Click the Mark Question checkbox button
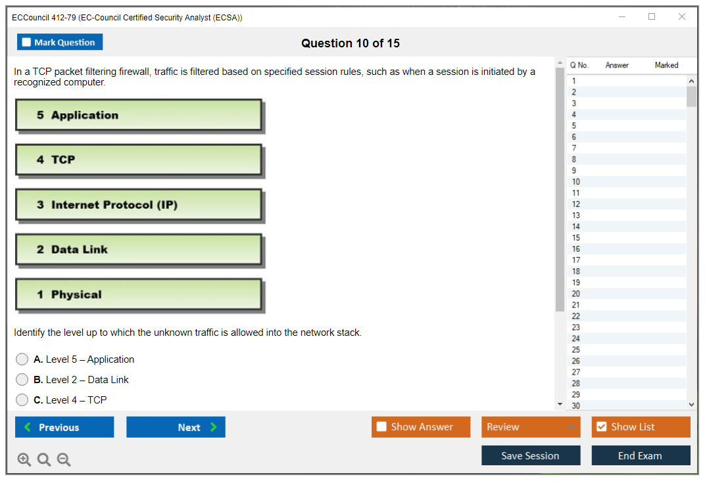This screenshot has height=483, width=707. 59,42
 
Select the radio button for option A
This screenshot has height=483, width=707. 22,359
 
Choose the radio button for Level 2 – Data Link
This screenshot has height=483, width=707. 22,379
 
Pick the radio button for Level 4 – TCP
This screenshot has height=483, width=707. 22,400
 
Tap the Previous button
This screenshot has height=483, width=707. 64,426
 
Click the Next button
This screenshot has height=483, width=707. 176,426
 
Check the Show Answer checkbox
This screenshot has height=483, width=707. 381,426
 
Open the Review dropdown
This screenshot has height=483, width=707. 531,426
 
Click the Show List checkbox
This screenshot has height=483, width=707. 602,426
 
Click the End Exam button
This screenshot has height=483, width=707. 641,455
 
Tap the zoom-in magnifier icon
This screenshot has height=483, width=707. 24,459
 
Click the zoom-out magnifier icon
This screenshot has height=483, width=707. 64,459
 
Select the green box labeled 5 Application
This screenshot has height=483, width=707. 139,115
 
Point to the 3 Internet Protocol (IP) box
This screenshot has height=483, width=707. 139,204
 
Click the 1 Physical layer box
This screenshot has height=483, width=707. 139,294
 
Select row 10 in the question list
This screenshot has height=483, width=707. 626,181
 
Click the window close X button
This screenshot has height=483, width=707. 682,16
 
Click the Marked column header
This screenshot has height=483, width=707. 666,65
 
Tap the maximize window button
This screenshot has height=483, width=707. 652,16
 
